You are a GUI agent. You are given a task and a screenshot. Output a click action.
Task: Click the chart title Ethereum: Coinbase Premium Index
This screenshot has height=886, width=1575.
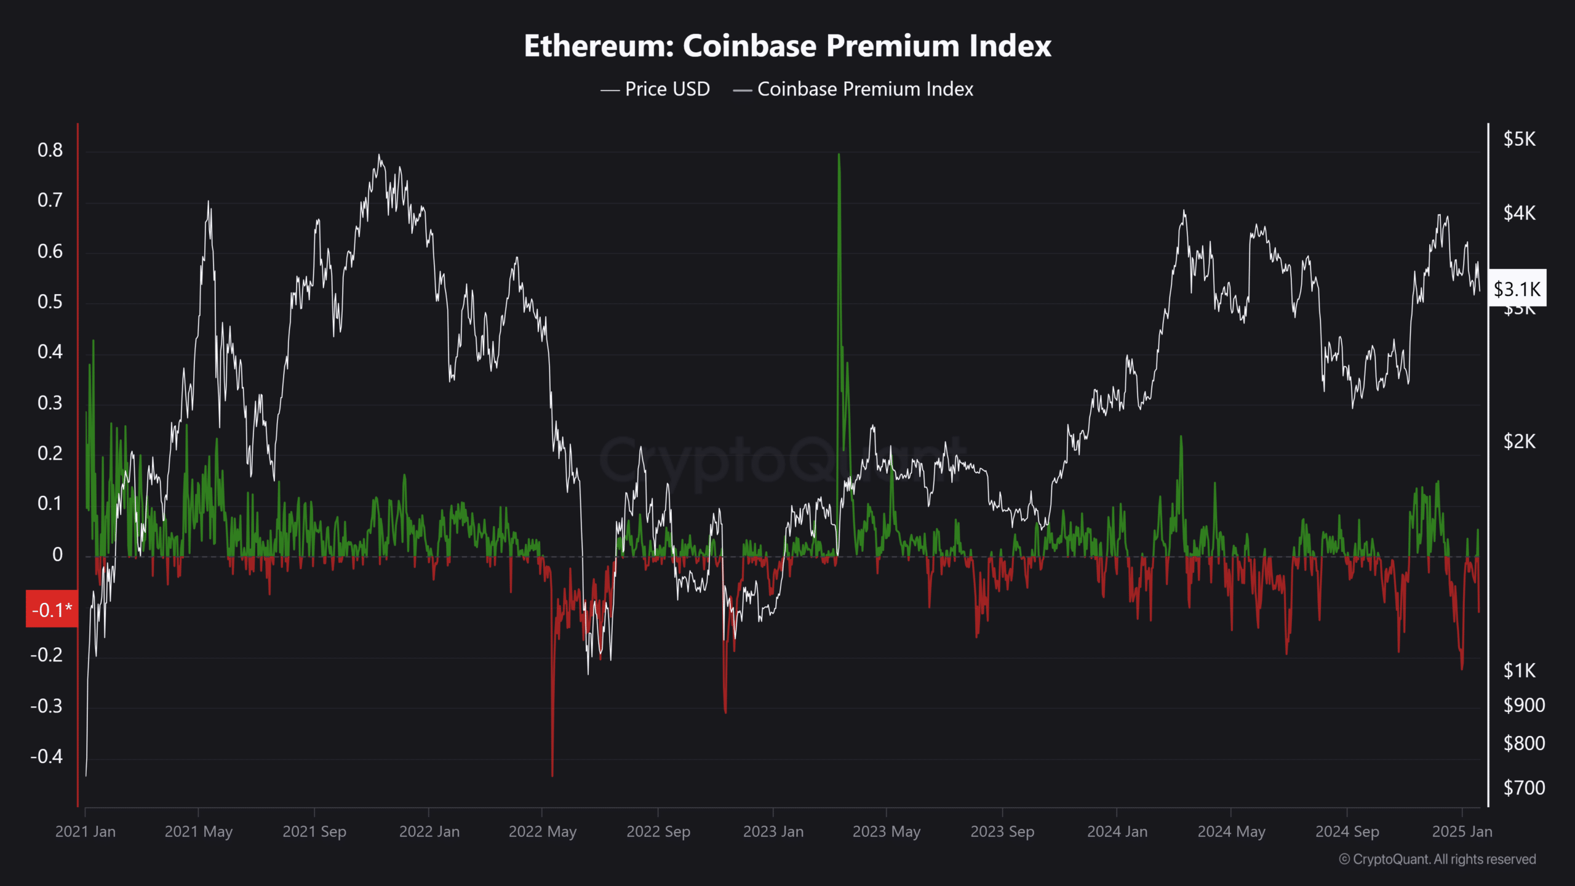coord(787,46)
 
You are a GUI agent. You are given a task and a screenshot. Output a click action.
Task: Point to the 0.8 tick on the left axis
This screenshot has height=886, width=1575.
coord(50,150)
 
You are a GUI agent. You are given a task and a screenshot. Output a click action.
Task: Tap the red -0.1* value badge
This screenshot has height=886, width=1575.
coord(52,609)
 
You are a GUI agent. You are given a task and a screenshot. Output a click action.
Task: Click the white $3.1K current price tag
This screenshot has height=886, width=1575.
coord(1517,289)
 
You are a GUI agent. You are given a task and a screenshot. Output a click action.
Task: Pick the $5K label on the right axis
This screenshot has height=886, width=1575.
coord(1519,140)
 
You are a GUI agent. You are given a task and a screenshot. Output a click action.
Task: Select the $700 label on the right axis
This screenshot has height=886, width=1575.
coord(1523,788)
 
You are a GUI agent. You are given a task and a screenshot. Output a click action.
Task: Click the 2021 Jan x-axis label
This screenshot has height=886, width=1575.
coord(86,832)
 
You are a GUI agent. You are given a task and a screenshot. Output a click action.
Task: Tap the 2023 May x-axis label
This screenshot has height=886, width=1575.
coord(886,832)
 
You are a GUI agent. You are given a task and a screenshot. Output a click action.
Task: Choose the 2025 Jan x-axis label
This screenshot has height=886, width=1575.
coord(1462,832)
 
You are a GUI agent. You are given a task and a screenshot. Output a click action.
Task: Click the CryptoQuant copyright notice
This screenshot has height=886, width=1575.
coord(1437,860)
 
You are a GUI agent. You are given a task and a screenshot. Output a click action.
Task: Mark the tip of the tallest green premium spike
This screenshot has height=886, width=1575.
coord(839,154)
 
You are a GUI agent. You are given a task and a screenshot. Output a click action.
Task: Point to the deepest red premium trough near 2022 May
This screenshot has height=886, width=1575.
coord(552,774)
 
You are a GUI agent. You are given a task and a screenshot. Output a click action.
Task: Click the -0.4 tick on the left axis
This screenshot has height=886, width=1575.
coord(47,756)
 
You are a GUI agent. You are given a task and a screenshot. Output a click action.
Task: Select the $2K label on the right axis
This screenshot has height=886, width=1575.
coord(1519,441)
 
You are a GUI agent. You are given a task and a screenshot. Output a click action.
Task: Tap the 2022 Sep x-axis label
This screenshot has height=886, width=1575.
coord(658,832)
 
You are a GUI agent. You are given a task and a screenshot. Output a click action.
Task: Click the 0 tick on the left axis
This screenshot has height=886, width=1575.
coord(57,554)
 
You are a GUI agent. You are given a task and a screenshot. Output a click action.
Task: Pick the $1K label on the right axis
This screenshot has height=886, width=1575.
coord(1519,671)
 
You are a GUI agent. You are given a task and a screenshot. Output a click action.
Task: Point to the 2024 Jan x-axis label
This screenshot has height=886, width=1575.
coord(1117,832)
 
